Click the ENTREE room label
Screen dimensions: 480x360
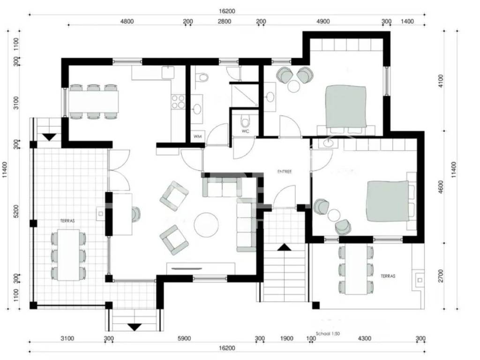285,172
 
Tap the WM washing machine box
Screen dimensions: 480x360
198,136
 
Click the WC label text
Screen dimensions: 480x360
246,131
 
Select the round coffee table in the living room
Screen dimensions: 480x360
206,225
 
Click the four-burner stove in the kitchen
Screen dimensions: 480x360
178,102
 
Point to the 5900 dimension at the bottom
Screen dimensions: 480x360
184,338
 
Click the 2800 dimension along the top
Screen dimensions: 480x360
225,22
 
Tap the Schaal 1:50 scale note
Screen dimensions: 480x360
328,334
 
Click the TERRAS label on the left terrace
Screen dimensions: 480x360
67,220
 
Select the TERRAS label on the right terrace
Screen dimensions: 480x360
388,276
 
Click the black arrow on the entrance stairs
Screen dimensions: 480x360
285,247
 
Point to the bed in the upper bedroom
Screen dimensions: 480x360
346,107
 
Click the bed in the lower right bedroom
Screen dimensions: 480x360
388,201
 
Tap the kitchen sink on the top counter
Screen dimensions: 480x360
168,73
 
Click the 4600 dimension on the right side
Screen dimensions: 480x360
441,187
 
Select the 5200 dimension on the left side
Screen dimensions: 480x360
16,211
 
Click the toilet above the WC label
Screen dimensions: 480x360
246,121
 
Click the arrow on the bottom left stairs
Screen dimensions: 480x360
134,327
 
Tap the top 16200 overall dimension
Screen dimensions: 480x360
227,11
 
